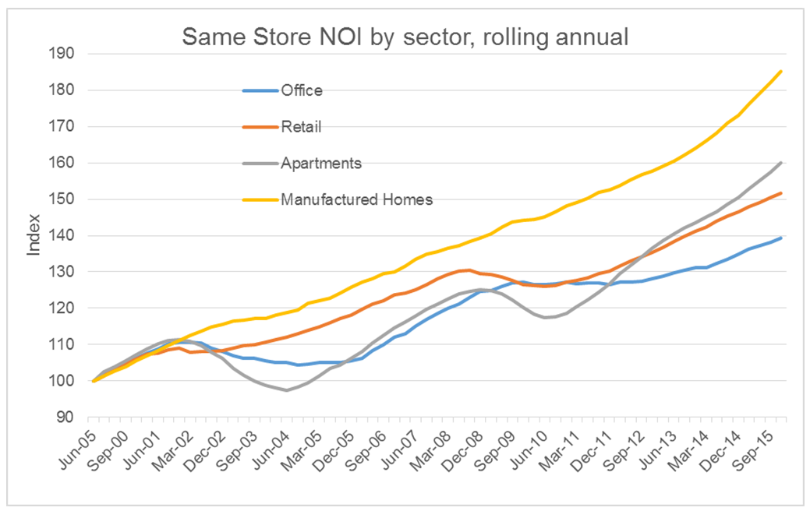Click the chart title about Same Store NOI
pos(405,36)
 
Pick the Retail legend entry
pos(300,127)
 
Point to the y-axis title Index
pos(34,236)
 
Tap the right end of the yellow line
pos(781,71)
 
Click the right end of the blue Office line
pos(781,238)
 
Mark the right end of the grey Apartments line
pos(781,163)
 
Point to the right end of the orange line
pos(781,192)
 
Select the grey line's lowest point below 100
pos(286,389)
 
